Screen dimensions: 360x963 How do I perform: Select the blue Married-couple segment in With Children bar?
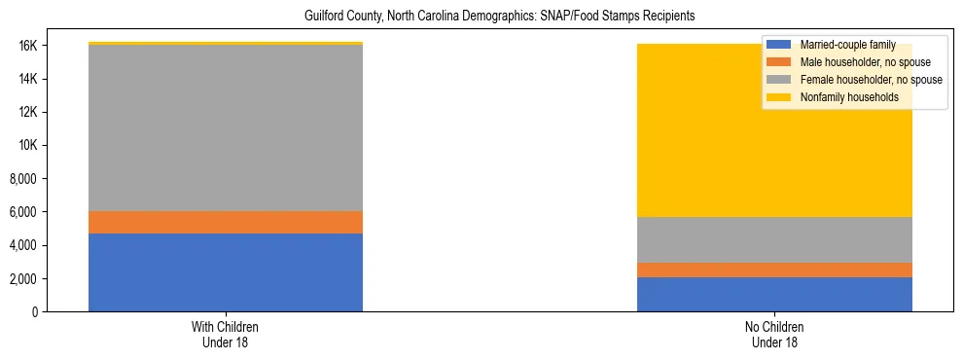pyautogui.click(x=226, y=272)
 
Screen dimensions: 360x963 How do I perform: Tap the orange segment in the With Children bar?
pyautogui.click(x=226, y=222)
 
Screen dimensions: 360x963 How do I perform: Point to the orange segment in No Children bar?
pyautogui.click(x=774, y=270)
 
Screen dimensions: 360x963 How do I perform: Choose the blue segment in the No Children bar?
pyautogui.click(x=774, y=294)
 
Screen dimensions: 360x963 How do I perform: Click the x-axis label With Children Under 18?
pyautogui.click(x=226, y=335)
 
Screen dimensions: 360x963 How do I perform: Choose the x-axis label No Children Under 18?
pyautogui.click(x=774, y=335)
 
